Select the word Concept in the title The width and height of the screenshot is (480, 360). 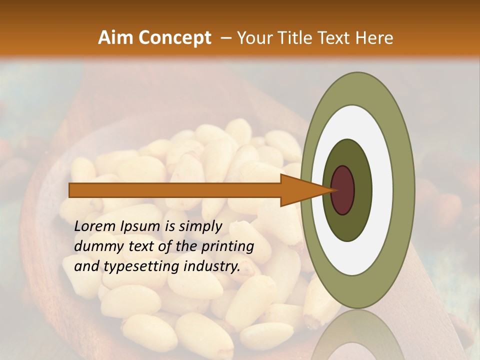175,37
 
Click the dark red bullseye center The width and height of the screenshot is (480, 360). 343,190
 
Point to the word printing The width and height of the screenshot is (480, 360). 227,246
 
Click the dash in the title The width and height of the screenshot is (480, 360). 225,37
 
